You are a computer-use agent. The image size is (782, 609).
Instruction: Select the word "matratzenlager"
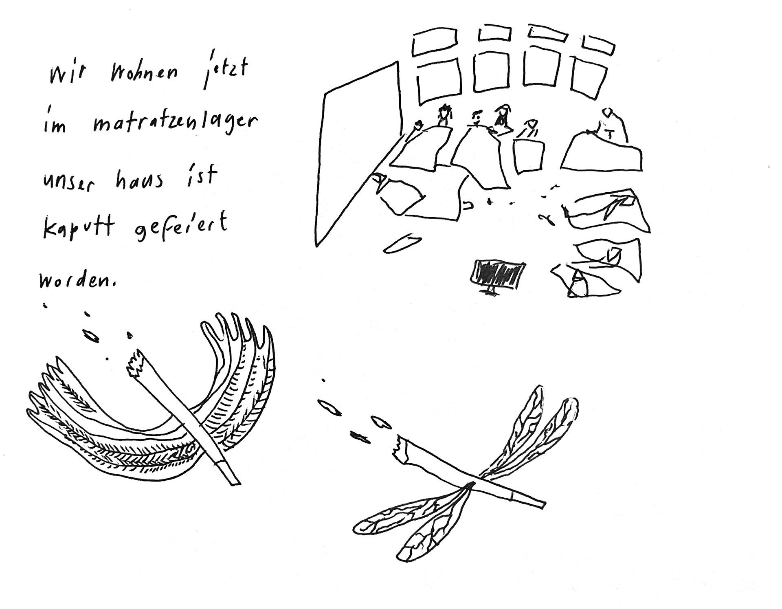pyautogui.click(x=175, y=124)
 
